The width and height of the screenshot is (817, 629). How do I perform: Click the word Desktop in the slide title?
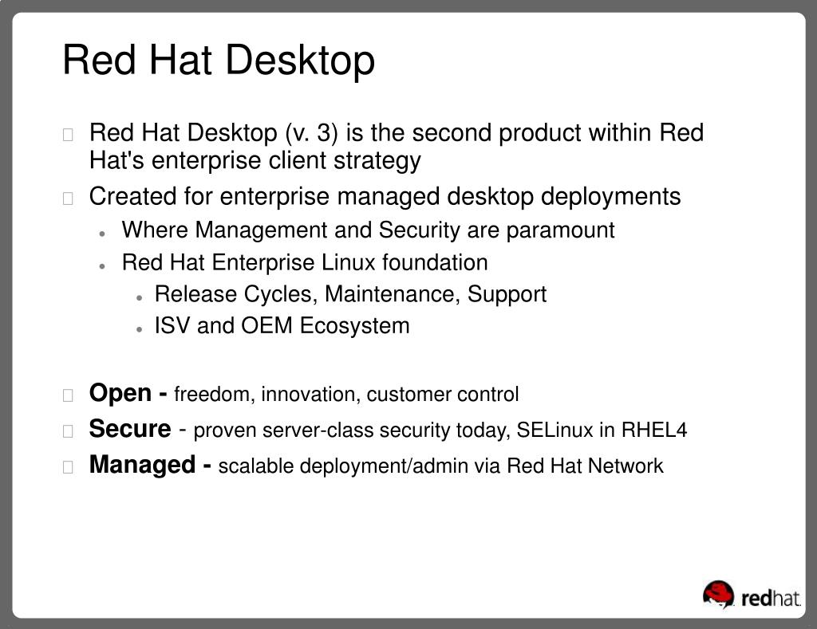pyautogui.click(x=300, y=61)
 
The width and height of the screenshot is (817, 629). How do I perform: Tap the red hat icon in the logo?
pyautogui.click(x=719, y=595)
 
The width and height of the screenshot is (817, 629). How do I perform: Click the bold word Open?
pyautogui.click(x=120, y=393)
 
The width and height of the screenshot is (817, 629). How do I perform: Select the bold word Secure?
pyautogui.click(x=130, y=429)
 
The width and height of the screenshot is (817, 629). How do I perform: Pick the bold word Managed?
pyautogui.click(x=142, y=465)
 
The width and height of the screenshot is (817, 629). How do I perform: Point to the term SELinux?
pyautogui.click(x=555, y=430)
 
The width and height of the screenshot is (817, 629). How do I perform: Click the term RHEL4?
pyautogui.click(x=654, y=430)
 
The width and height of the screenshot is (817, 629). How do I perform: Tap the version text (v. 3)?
pyautogui.click(x=312, y=133)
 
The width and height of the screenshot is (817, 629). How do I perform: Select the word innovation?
pyautogui.click(x=310, y=395)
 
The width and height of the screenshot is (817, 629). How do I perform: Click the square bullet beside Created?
pyautogui.click(x=68, y=199)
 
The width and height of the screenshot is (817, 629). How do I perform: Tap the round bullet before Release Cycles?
pyautogui.click(x=139, y=298)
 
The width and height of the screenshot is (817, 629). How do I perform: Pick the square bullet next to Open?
pyautogui.click(x=68, y=395)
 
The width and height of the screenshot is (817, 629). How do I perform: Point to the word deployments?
pyautogui.click(x=610, y=198)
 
